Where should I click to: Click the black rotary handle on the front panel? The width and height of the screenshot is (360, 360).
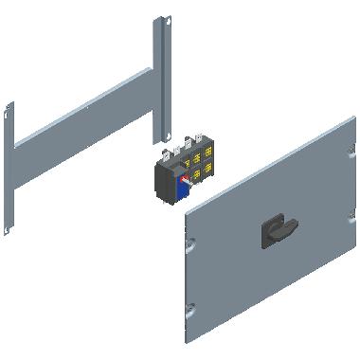[x=277, y=230]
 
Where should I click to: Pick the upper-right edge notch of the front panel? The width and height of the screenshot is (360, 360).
[x=350, y=148]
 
